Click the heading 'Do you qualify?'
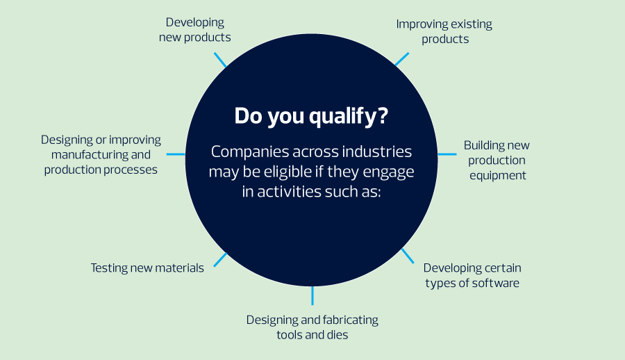point(311,117)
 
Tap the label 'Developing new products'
point(195,30)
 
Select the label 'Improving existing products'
point(444,31)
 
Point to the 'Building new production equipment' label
point(497,160)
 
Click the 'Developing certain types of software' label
point(472,275)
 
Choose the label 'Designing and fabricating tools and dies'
point(312,327)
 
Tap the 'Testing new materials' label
point(147,268)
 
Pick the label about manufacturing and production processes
point(101,154)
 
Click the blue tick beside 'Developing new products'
point(220,60)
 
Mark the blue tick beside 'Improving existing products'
point(402,59)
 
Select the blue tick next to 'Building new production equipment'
point(447,154)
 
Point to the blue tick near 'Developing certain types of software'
point(408,256)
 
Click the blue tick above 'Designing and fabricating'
point(312,296)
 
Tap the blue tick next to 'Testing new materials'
point(220,260)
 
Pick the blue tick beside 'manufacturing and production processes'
point(176,154)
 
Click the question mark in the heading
point(382,115)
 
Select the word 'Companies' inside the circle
point(250,152)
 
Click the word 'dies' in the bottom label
point(337,335)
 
